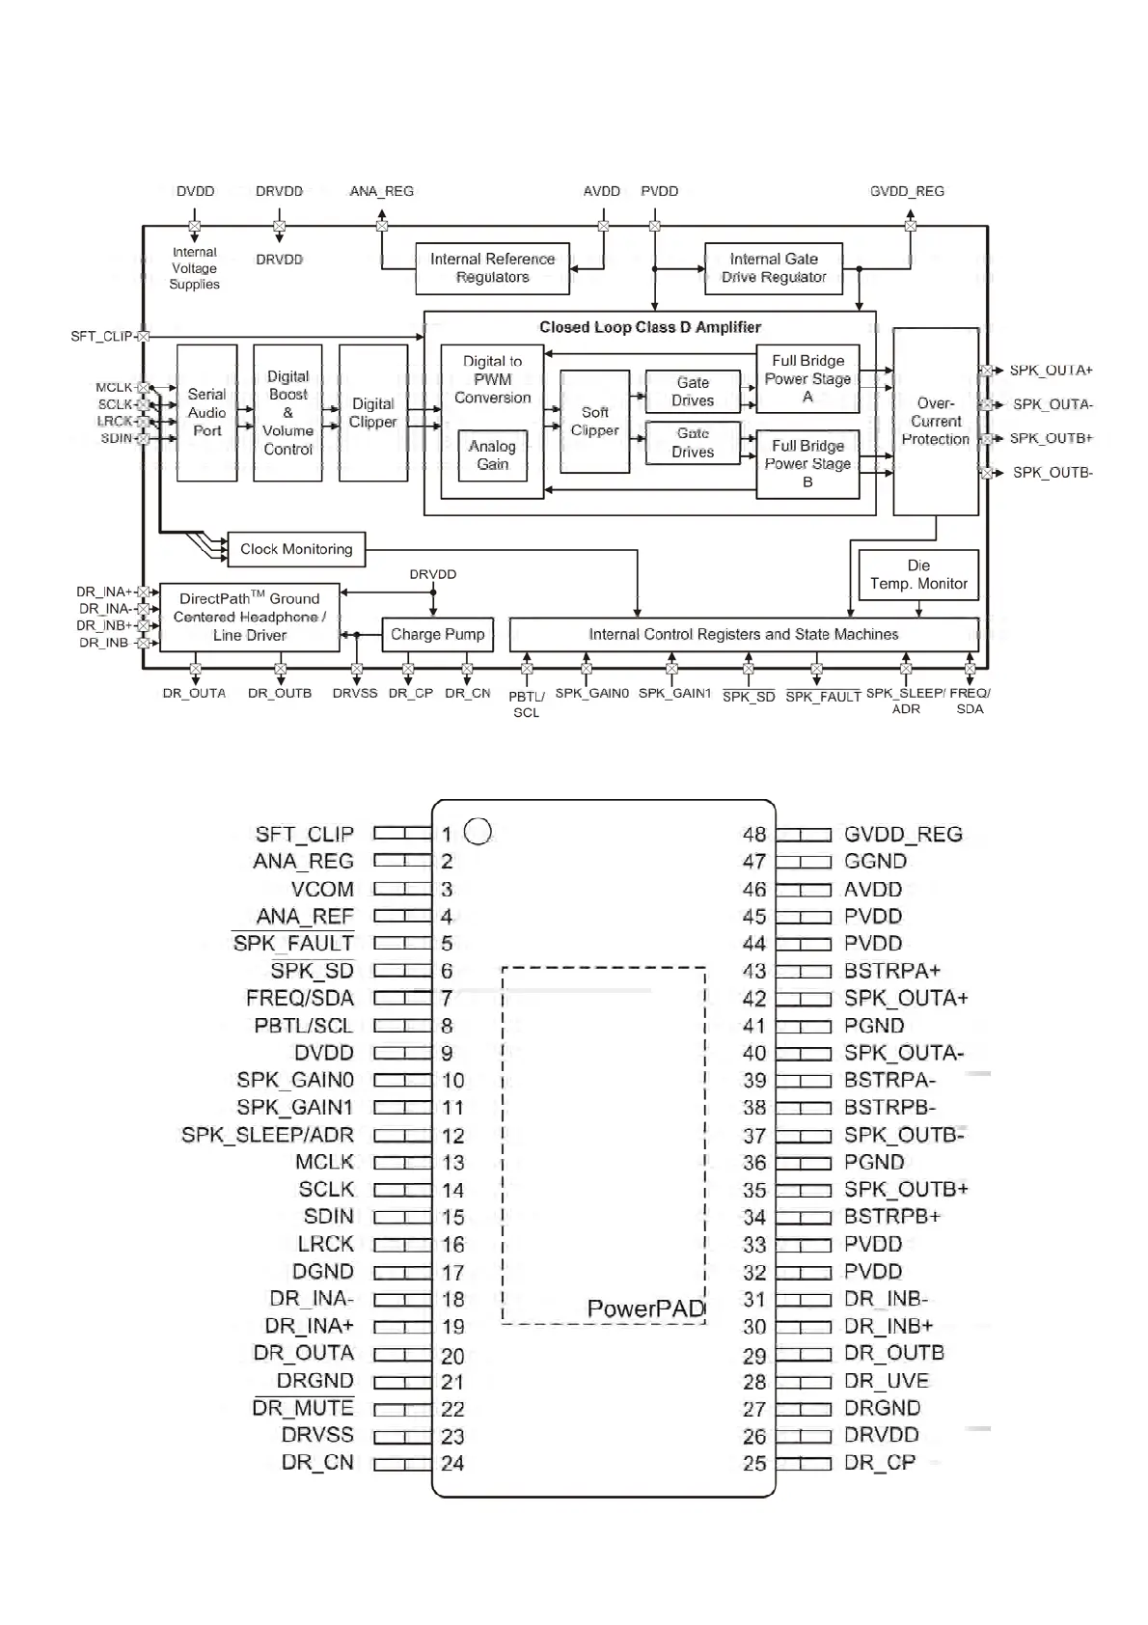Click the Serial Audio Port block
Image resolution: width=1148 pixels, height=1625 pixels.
[x=206, y=413]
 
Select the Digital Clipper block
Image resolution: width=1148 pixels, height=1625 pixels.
[x=373, y=413]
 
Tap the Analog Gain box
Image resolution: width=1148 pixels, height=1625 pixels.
[x=492, y=455]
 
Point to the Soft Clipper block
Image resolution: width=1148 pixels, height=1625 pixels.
[x=594, y=422]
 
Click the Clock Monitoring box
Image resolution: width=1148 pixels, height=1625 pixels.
[x=296, y=549]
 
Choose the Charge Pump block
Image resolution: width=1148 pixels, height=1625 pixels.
[x=437, y=634]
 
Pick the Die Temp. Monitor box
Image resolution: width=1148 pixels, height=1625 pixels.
[x=918, y=574]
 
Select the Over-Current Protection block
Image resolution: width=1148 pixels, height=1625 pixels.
[x=936, y=422]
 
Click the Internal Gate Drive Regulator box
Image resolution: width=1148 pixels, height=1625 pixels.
[x=774, y=268]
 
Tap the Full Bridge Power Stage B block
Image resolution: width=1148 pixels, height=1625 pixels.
[x=807, y=464]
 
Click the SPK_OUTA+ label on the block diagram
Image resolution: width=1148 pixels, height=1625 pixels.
[x=1051, y=371]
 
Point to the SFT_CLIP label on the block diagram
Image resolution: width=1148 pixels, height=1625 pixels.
[x=101, y=336]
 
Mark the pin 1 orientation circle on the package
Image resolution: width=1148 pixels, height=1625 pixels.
[x=478, y=831]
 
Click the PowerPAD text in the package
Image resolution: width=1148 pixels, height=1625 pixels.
[x=645, y=1308]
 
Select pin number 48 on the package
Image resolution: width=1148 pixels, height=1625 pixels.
[x=754, y=834]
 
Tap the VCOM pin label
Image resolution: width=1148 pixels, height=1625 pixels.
[x=322, y=889]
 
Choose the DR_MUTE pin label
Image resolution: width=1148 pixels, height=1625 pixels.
[x=303, y=1408]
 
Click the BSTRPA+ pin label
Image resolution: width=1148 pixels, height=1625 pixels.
[x=891, y=971]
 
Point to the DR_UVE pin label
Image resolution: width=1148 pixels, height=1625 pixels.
[x=886, y=1381]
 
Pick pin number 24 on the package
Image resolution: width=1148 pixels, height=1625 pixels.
[x=452, y=1463]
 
